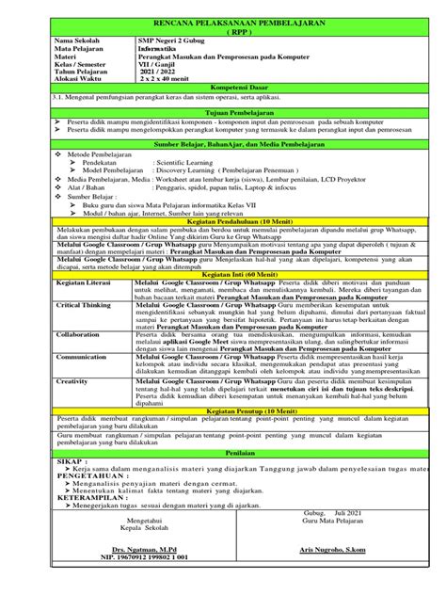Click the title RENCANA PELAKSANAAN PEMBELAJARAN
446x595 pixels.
pos(222,22)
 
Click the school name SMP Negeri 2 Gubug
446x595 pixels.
pos(171,42)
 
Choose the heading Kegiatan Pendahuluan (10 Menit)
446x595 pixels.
pos(222,221)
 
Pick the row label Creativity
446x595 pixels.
pos(75,380)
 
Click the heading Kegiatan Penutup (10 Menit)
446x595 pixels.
pos(222,412)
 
